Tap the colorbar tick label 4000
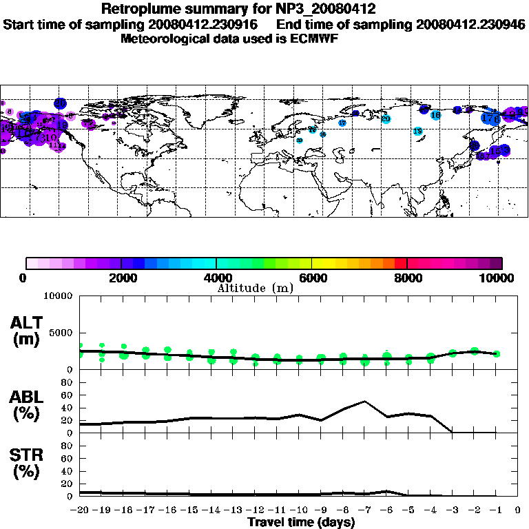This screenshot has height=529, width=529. pyautogui.click(x=217, y=278)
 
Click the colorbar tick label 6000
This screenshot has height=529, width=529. pyautogui.click(x=312, y=278)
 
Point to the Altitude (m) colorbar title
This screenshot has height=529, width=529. pyautogui.click(x=255, y=287)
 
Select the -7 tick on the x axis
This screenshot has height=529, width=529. pyautogui.click(x=363, y=510)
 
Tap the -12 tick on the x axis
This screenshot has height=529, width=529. pyautogui.click(x=253, y=510)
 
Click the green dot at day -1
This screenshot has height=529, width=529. pyautogui.click(x=496, y=353)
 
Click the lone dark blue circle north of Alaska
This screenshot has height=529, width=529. pyautogui.click(x=60, y=103)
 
